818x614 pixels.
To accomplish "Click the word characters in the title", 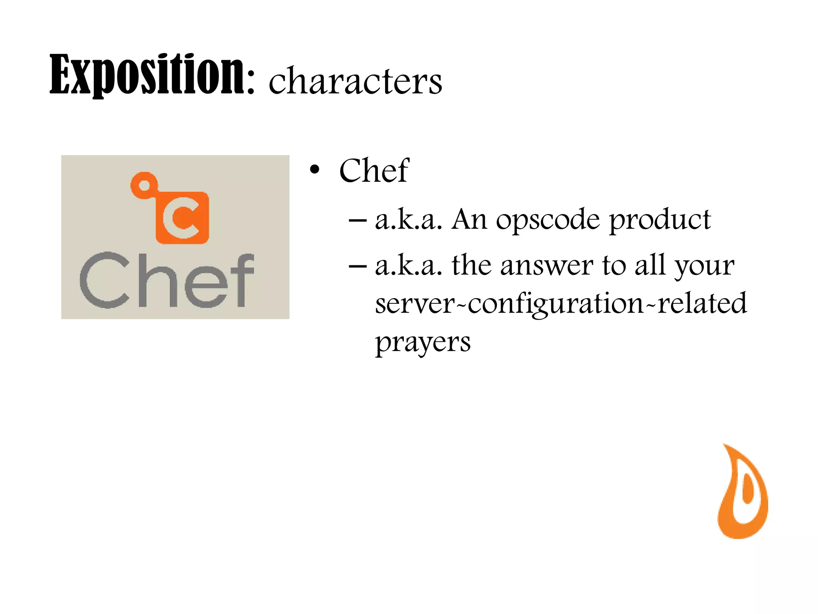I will (355, 82).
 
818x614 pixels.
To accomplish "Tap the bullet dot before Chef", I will (315, 170).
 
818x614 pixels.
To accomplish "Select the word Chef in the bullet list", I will (374, 171).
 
